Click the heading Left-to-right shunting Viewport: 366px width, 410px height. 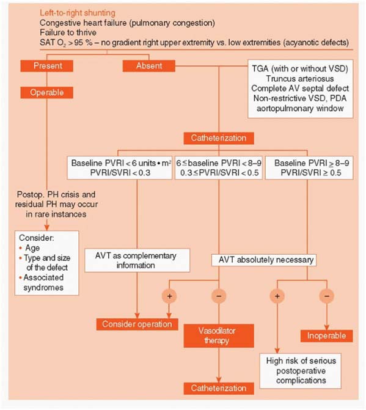(78, 13)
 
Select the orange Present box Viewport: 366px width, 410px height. (47, 65)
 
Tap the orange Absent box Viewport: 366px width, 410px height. (149, 65)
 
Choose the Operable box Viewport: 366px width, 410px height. (47, 92)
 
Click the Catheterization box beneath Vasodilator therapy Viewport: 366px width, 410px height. (219, 388)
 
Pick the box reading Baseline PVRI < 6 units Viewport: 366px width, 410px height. (120, 168)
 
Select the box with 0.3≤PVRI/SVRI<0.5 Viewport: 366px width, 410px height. (219, 168)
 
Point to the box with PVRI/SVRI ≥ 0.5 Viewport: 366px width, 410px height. (309, 168)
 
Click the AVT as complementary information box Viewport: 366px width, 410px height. (137, 260)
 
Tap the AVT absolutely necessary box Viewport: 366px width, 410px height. (264, 260)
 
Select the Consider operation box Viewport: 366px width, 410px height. (137, 324)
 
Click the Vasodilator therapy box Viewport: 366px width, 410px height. (219, 335)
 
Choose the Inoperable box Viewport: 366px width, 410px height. (326, 336)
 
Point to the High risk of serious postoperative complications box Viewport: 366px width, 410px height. (301, 371)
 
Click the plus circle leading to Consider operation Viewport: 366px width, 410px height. (169, 296)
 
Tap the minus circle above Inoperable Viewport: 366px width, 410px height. (327, 296)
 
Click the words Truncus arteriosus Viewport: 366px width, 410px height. (300, 79)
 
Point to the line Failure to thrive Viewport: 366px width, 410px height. (68, 32)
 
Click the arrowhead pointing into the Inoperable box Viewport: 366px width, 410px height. (327, 328)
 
